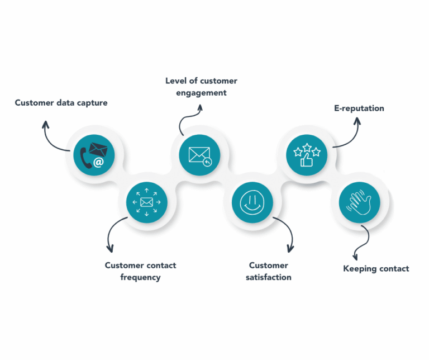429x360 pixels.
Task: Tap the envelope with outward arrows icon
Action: click(146, 201)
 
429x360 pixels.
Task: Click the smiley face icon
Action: click(252, 201)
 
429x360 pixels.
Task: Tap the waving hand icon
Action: click(359, 201)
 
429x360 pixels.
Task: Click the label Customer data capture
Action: click(61, 103)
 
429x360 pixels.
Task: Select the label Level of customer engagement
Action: click(201, 87)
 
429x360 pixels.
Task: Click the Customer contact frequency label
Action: click(140, 271)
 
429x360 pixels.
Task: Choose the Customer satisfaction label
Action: click(268, 271)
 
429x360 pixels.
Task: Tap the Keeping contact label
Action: click(375, 269)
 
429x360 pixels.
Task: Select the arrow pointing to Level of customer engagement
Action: click(187, 119)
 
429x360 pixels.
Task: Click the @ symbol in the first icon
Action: click(98, 162)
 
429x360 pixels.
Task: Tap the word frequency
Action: click(140, 277)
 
